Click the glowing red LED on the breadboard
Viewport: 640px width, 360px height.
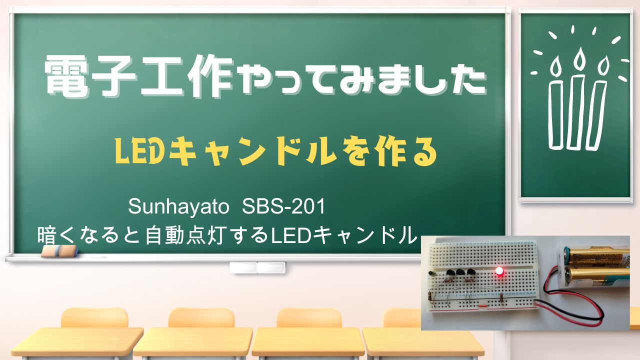[x=499, y=271]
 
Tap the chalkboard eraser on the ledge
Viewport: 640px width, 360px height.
[x=59, y=251]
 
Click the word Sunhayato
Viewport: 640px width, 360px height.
[x=178, y=207]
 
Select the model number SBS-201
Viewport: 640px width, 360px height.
[x=283, y=206]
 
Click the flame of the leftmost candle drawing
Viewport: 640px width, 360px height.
[x=555, y=66]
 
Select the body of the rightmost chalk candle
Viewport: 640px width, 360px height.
[x=596, y=115]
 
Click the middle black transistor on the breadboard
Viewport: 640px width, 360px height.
[x=460, y=272]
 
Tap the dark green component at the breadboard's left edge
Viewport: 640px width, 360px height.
[x=432, y=273]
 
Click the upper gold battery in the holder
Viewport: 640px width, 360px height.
[x=597, y=256]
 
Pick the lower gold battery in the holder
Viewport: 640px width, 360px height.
[x=596, y=274]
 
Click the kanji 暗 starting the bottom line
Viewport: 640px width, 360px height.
[x=46, y=235]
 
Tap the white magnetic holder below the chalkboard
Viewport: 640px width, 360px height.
[x=257, y=267]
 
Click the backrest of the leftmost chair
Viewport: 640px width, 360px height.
[x=94, y=317]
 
